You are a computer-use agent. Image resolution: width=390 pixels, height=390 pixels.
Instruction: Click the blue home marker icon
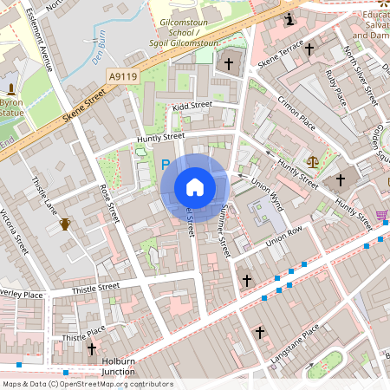tap(195, 186)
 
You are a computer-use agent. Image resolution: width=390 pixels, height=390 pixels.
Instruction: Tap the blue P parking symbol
tap(166, 163)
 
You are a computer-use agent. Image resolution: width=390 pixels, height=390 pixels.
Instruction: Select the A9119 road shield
tap(124, 77)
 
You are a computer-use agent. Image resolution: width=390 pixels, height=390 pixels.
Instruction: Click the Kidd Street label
tap(192, 106)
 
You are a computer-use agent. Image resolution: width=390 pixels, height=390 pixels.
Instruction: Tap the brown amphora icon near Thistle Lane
tap(64, 224)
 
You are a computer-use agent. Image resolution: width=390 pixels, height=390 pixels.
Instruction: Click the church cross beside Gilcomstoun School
tap(230, 63)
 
